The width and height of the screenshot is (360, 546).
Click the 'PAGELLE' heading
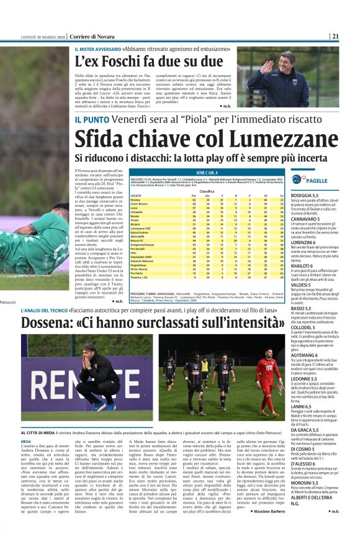pos(317,180)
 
